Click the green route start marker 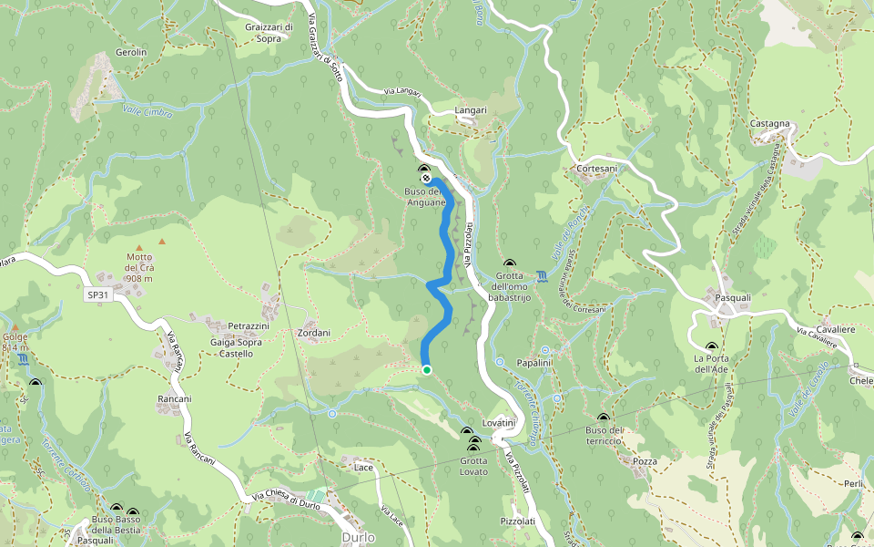[x=426, y=369]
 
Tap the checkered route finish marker [x=425, y=177]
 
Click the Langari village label [x=471, y=110]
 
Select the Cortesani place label [x=597, y=170]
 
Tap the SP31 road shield [x=97, y=295]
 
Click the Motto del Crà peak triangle [x=139, y=248]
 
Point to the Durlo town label [x=358, y=538]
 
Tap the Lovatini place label [x=499, y=424]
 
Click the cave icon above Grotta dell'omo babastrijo [x=509, y=263]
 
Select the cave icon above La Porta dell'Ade [x=711, y=346]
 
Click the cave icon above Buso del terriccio [x=603, y=418]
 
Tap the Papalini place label [x=534, y=363]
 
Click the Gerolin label [x=131, y=53]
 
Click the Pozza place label [x=645, y=461]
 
